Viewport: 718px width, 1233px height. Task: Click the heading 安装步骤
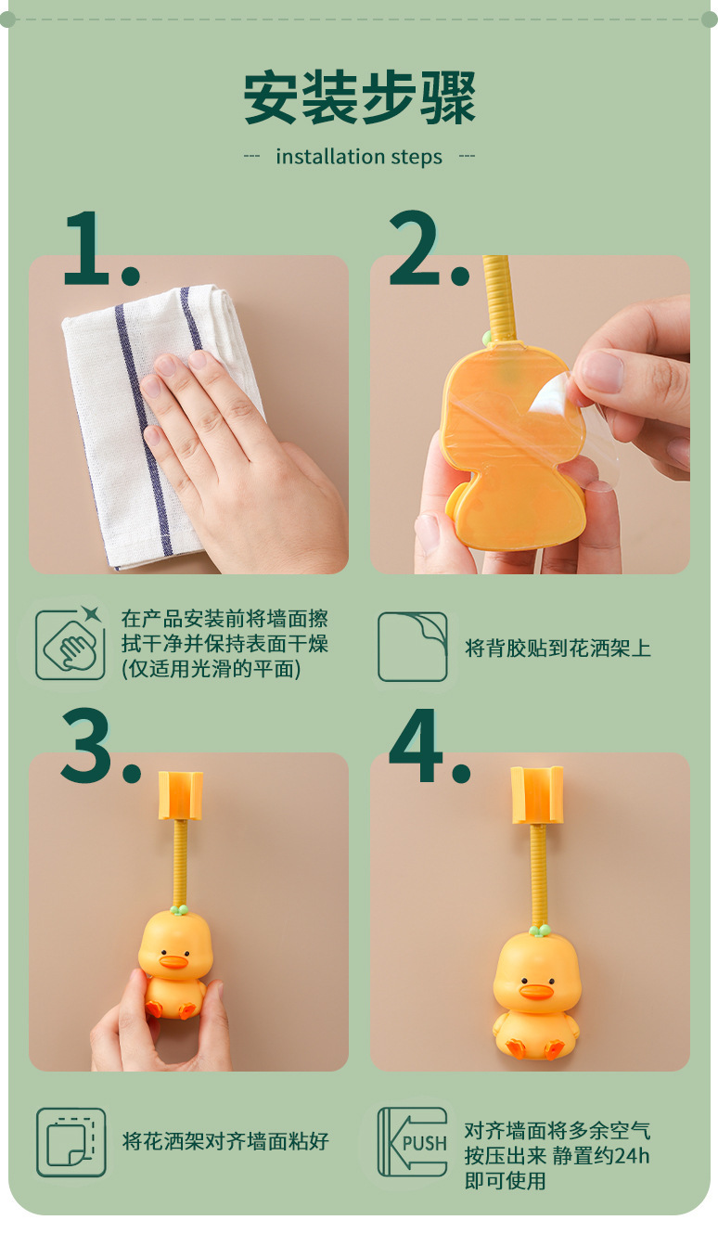pos(359,97)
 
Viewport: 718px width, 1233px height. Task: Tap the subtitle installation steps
pos(359,157)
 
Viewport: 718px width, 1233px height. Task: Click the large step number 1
pos(88,248)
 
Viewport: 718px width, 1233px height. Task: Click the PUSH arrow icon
pos(412,1142)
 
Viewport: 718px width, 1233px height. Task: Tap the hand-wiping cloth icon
pos(70,644)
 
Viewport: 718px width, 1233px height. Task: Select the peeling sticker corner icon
pos(412,647)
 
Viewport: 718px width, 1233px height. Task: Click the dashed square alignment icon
pos(71,1143)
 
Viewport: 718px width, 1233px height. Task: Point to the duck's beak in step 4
pos(536,992)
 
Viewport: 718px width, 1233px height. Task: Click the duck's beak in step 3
pos(173,962)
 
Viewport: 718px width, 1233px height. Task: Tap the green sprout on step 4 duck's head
pos(539,931)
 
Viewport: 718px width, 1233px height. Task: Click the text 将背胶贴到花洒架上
pos(558,648)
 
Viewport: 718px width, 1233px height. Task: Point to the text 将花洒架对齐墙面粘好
pos(225,1141)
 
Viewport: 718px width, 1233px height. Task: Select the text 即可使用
pos(505,1181)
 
